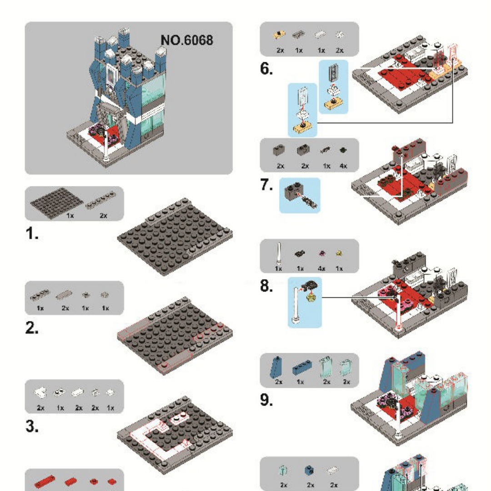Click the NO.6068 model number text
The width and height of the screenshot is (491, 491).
186,40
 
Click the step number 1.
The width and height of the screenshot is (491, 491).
32,235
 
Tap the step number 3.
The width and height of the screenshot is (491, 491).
32,427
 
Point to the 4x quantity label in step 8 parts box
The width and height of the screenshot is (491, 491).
321,268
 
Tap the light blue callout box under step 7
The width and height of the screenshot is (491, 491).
299,195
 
